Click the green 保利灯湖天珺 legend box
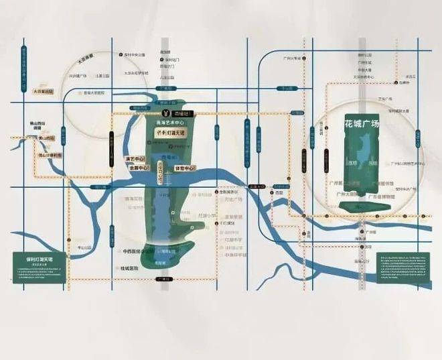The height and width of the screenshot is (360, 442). pyautogui.click(x=39, y=267)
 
